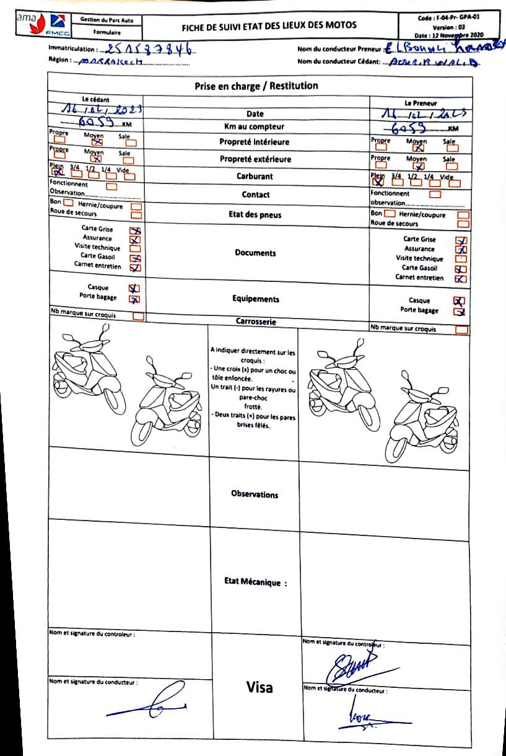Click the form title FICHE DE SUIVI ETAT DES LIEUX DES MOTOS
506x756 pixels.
pos(269,26)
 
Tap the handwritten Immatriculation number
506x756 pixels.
pos(148,49)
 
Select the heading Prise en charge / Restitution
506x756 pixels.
pos(256,86)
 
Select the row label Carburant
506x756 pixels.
pos(255,176)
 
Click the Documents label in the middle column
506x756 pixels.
pos(255,253)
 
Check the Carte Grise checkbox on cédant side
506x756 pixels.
pos(134,230)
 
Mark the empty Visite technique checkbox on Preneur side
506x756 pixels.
pos(461,259)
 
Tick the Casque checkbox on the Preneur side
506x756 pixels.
pos(459,301)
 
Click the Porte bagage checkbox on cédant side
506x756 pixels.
pos(134,298)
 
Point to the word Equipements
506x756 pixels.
pos(255,299)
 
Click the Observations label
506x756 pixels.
pos(255,494)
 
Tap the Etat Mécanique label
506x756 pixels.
pos(255,582)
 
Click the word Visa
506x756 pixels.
pos(259,687)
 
